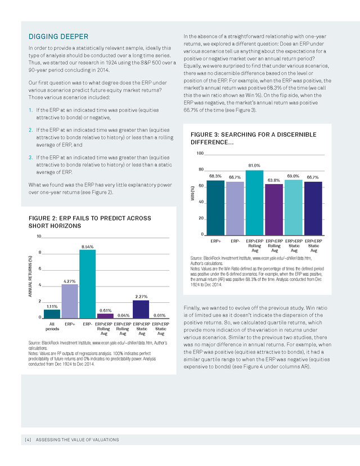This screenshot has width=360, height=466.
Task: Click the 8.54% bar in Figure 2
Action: [x=87, y=284]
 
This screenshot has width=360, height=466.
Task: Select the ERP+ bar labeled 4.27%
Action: [x=70, y=301]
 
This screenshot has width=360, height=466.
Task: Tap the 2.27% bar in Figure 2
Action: [x=141, y=310]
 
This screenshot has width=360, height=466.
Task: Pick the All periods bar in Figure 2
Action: [x=52, y=314]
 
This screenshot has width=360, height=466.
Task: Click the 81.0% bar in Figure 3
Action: [x=254, y=203]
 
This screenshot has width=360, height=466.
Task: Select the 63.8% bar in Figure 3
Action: [x=274, y=209]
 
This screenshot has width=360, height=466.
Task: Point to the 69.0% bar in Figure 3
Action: [x=294, y=208]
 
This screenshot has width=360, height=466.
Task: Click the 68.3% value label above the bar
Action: [x=215, y=176]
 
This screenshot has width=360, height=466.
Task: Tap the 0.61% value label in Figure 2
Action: [x=105, y=311]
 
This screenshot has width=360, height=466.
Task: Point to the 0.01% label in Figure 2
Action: [x=160, y=315]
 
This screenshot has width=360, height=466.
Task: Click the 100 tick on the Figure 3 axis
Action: [x=200, y=153]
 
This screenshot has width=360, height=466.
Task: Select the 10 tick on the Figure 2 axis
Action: [x=39, y=236]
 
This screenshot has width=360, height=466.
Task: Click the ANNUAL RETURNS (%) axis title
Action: [x=30, y=276]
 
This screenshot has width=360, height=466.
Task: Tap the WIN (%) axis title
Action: [x=192, y=193]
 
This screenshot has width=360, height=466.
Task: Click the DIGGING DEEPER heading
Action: [x=58, y=37]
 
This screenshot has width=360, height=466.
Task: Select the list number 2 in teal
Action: [x=30, y=130]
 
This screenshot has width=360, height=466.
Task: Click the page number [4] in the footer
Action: [x=28, y=440]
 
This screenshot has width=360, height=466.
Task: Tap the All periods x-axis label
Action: [x=52, y=326]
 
